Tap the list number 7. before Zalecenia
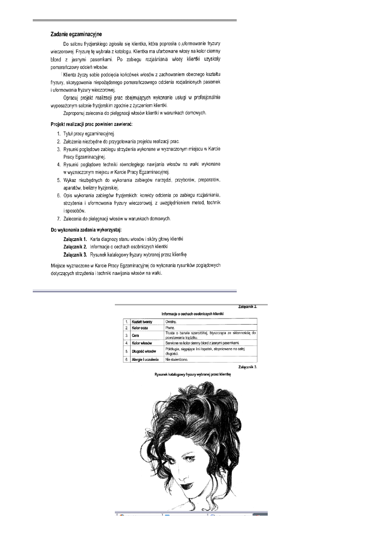coord(59,218)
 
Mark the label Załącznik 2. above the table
coord(247,307)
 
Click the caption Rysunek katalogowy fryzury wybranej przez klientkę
coord(192,375)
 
